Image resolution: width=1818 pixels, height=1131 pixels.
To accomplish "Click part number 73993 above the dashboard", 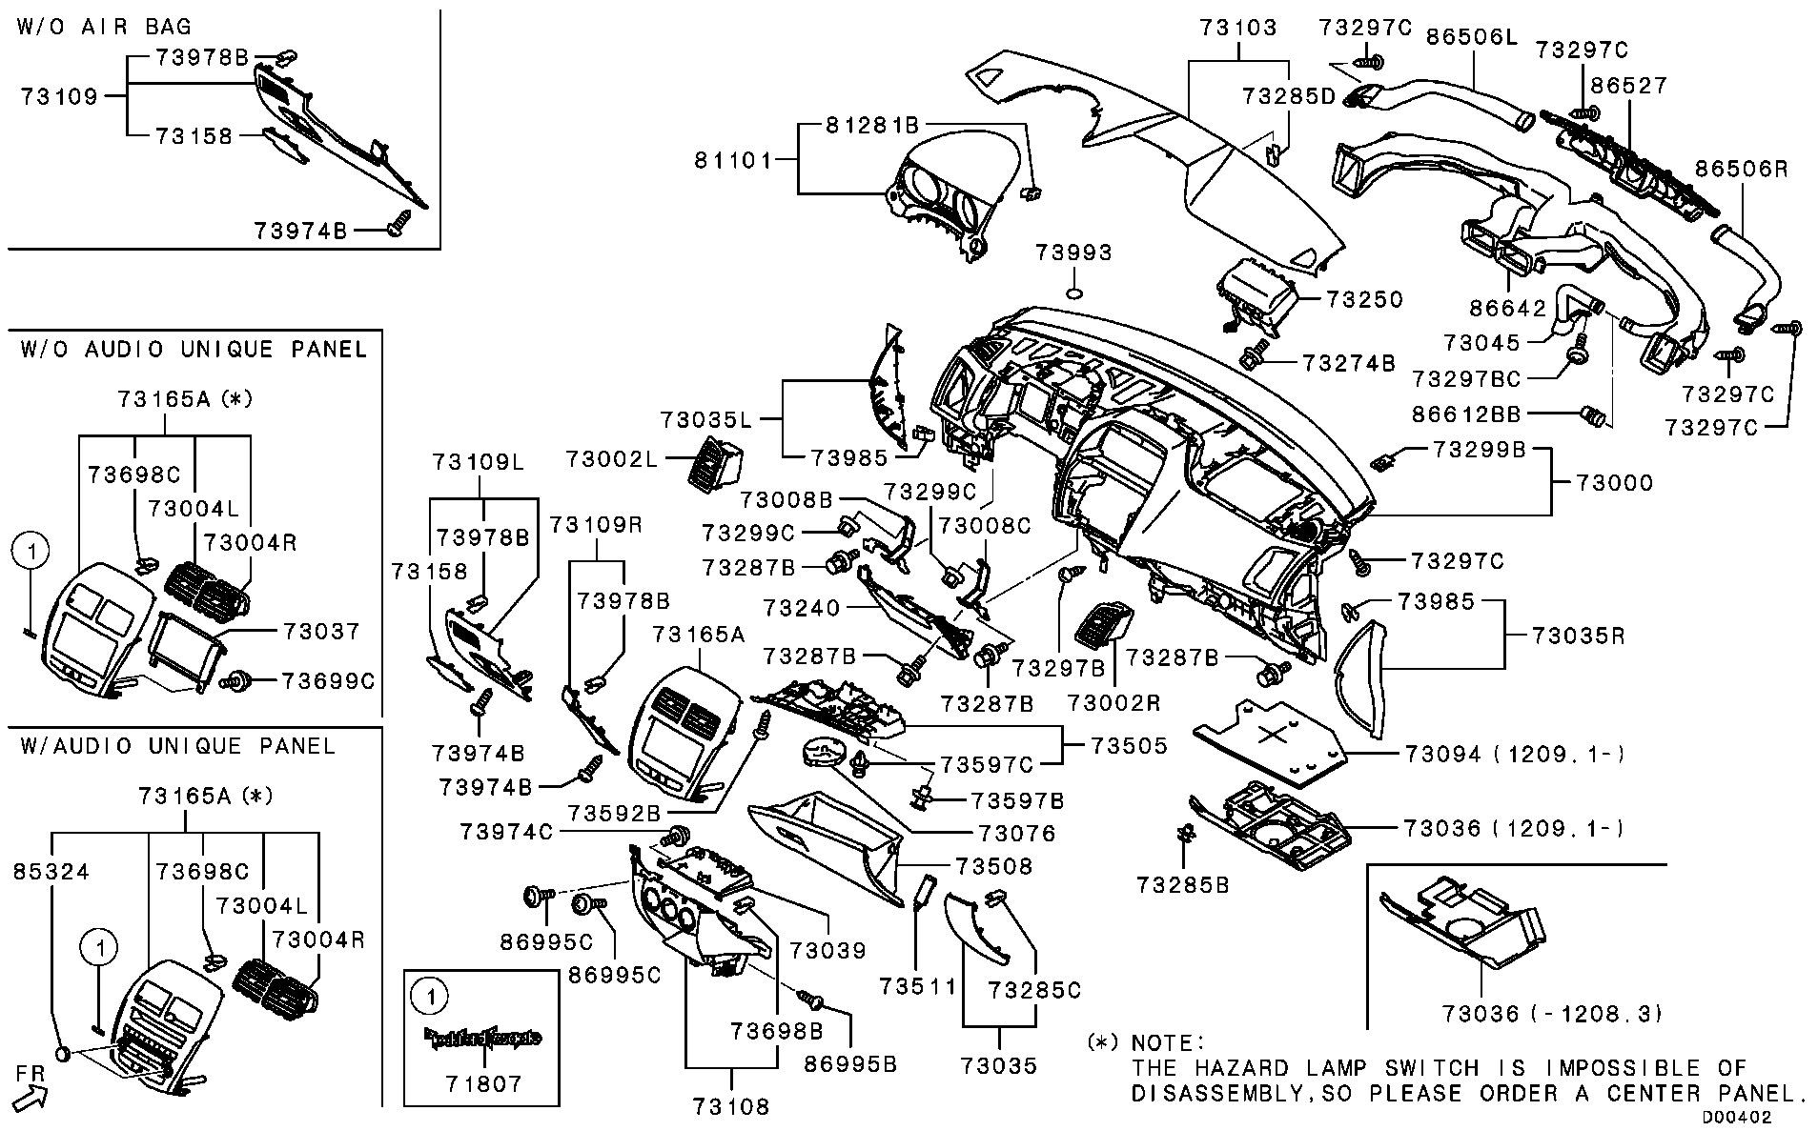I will point(1073,252).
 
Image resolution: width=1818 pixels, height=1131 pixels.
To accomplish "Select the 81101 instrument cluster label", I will point(732,160).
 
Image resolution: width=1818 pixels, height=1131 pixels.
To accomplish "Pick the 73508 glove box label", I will point(994,866).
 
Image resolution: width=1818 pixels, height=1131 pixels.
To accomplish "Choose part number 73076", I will point(1017,834).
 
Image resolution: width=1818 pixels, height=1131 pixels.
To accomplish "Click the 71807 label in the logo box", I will point(483,1083).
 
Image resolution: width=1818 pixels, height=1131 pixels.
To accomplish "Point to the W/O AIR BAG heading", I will point(104,27).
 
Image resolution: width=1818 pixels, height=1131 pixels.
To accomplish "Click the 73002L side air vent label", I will point(611,459).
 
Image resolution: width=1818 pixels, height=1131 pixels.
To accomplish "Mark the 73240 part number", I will point(802,607).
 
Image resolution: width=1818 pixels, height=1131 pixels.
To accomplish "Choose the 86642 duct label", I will point(1507,308).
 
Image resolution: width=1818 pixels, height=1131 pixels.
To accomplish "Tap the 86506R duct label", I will point(1740,169).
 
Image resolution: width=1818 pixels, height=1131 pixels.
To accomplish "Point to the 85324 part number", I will point(51,871).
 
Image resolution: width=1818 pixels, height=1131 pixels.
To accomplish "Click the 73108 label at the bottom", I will point(730,1106).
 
